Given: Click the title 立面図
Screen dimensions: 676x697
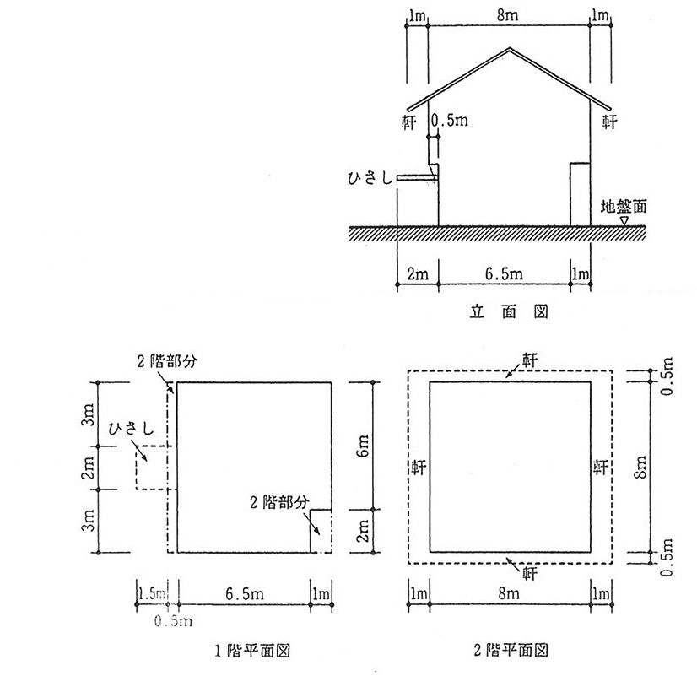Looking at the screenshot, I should (509, 312).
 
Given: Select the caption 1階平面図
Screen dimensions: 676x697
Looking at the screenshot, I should (252, 651).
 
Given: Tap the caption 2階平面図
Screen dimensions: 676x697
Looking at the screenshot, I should (512, 651).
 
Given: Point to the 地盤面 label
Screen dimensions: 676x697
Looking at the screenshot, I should (624, 206).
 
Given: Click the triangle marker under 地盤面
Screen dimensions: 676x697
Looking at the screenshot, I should (624, 220).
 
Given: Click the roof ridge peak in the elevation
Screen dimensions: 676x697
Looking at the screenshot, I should (509, 47).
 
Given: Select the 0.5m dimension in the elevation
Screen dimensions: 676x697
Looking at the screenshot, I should (449, 122).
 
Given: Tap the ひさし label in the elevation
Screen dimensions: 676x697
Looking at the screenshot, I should (370, 178).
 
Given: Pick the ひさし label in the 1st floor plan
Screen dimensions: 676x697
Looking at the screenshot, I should (132, 430).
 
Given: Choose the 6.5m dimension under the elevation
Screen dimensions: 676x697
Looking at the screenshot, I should (505, 273).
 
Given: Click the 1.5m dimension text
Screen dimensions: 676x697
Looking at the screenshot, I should (149, 594).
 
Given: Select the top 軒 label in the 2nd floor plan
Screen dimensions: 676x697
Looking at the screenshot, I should (532, 360).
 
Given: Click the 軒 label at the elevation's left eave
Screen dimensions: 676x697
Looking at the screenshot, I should (409, 122).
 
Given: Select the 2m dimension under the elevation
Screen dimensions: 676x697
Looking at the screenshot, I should (417, 273).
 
